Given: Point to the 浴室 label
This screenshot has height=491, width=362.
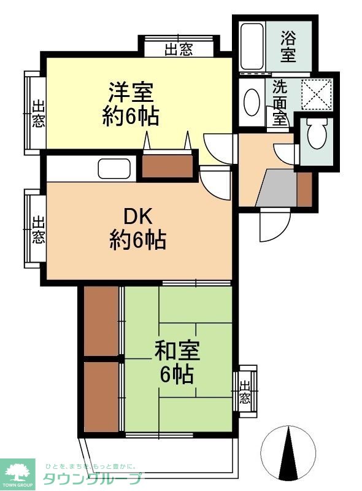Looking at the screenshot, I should click(288, 46).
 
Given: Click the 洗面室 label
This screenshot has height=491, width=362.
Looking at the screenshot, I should click(280, 102).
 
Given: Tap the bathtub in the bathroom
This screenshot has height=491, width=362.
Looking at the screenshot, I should click(252, 46).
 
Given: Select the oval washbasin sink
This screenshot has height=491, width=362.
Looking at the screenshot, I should click(252, 102).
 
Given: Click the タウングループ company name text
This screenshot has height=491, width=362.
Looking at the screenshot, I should click(92, 479).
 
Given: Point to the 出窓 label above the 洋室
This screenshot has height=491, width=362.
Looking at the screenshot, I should click(179, 49).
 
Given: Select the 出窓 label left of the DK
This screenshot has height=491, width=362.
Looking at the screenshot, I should click(37, 228).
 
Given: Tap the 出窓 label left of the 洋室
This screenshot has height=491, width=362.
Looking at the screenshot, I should click(37, 113).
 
